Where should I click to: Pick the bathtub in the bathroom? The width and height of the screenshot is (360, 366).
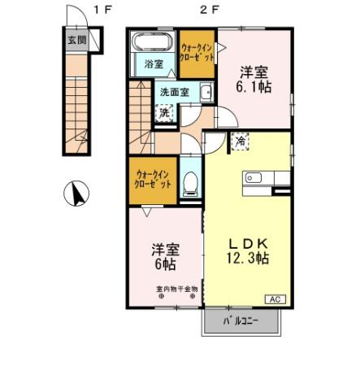click(x=153, y=41)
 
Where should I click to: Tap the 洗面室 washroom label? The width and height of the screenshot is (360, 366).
click(x=174, y=92)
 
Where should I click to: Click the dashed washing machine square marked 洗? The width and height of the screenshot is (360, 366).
click(x=165, y=112)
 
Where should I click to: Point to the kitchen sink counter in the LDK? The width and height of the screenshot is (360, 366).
click(x=259, y=176)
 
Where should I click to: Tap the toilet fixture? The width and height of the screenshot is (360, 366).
click(x=190, y=182)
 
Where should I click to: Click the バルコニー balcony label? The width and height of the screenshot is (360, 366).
click(x=242, y=322)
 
